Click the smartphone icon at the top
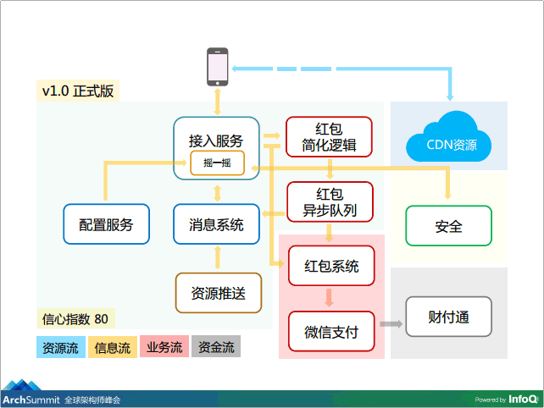pyautogui.click(x=219, y=67)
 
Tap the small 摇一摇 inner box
pyautogui.click(x=217, y=163)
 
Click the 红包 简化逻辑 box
pyautogui.click(x=328, y=137)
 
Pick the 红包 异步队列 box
pyautogui.click(x=330, y=202)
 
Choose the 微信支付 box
pyautogui.click(x=331, y=333)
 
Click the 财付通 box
pyautogui.click(x=448, y=318)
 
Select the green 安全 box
pyautogui.click(x=448, y=227)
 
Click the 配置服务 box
pyautogui.click(x=106, y=225)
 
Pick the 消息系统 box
pyautogui.click(x=216, y=225)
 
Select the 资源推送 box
pyautogui.click(x=218, y=294)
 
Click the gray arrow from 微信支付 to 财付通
pyautogui.click(x=390, y=324)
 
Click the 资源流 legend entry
pyautogui.click(x=60, y=347)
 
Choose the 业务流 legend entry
pyautogui.click(x=164, y=347)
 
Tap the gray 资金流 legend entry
pyautogui.click(x=216, y=347)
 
